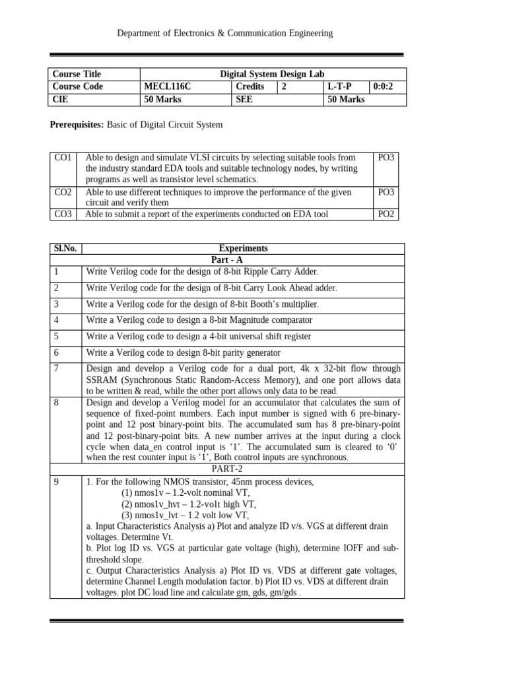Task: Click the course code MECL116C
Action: tap(166, 86)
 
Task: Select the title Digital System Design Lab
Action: tap(272, 74)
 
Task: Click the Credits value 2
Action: tap(285, 86)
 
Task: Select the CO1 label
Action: tap(63, 158)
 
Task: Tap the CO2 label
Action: tap(63, 192)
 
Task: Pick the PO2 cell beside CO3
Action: tap(386, 214)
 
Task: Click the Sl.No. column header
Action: tap(65, 248)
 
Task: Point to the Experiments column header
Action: tap(243, 248)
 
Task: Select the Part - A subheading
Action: tap(243, 260)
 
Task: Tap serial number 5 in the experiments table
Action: tap(57, 336)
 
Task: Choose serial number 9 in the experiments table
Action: tap(57, 482)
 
